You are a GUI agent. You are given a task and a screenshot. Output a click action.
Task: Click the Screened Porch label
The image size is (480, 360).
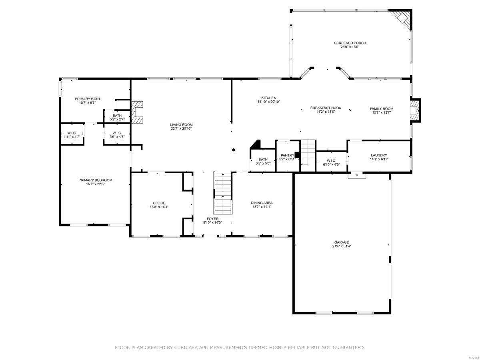point(350,43)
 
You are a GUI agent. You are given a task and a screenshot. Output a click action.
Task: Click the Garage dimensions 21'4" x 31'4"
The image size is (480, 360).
point(342,246)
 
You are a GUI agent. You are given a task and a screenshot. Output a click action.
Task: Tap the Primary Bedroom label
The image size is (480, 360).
point(95,180)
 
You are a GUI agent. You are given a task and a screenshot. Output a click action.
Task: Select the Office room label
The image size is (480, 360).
point(159,203)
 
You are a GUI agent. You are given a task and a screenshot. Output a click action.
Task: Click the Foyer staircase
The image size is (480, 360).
point(223,193)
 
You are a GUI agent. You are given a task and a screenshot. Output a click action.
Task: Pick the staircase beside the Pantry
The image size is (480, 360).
point(308,152)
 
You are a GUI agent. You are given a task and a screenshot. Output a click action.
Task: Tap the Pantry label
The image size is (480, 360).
point(287,155)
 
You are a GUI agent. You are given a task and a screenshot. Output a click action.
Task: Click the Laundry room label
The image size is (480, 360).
point(379,155)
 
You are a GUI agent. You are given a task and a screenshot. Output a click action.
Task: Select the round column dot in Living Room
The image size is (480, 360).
point(234,150)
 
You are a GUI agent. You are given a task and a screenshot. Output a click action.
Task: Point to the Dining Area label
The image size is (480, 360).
point(262,202)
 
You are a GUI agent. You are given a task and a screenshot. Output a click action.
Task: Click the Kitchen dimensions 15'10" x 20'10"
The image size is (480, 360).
point(269,102)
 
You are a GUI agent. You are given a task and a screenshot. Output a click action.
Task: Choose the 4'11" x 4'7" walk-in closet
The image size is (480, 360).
point(72,134)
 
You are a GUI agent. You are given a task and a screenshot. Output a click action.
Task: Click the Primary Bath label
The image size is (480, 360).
point(87,99)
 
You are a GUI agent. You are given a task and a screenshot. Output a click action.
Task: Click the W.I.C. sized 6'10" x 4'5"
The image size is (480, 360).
point(331,162)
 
